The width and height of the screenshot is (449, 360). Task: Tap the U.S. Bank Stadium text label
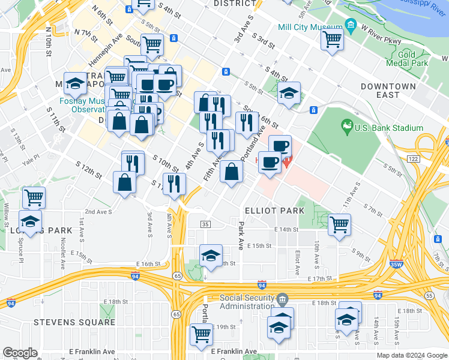point(388,128)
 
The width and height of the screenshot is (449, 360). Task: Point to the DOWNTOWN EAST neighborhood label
point(388,91)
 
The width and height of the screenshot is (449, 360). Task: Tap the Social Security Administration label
point(246,302)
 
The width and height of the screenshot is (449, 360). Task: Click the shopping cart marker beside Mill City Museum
point(333,40)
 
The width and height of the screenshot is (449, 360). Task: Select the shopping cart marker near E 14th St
point(339,225)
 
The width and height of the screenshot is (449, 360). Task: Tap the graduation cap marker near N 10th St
point(76,84)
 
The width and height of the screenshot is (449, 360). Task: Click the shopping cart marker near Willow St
point(34,197)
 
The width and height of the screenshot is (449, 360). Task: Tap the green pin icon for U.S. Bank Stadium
point(346,126)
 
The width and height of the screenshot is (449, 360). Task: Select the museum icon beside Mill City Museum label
point(350,27)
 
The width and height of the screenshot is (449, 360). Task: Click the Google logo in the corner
point(20,353)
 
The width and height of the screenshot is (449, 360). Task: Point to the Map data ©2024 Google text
point(411,355)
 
